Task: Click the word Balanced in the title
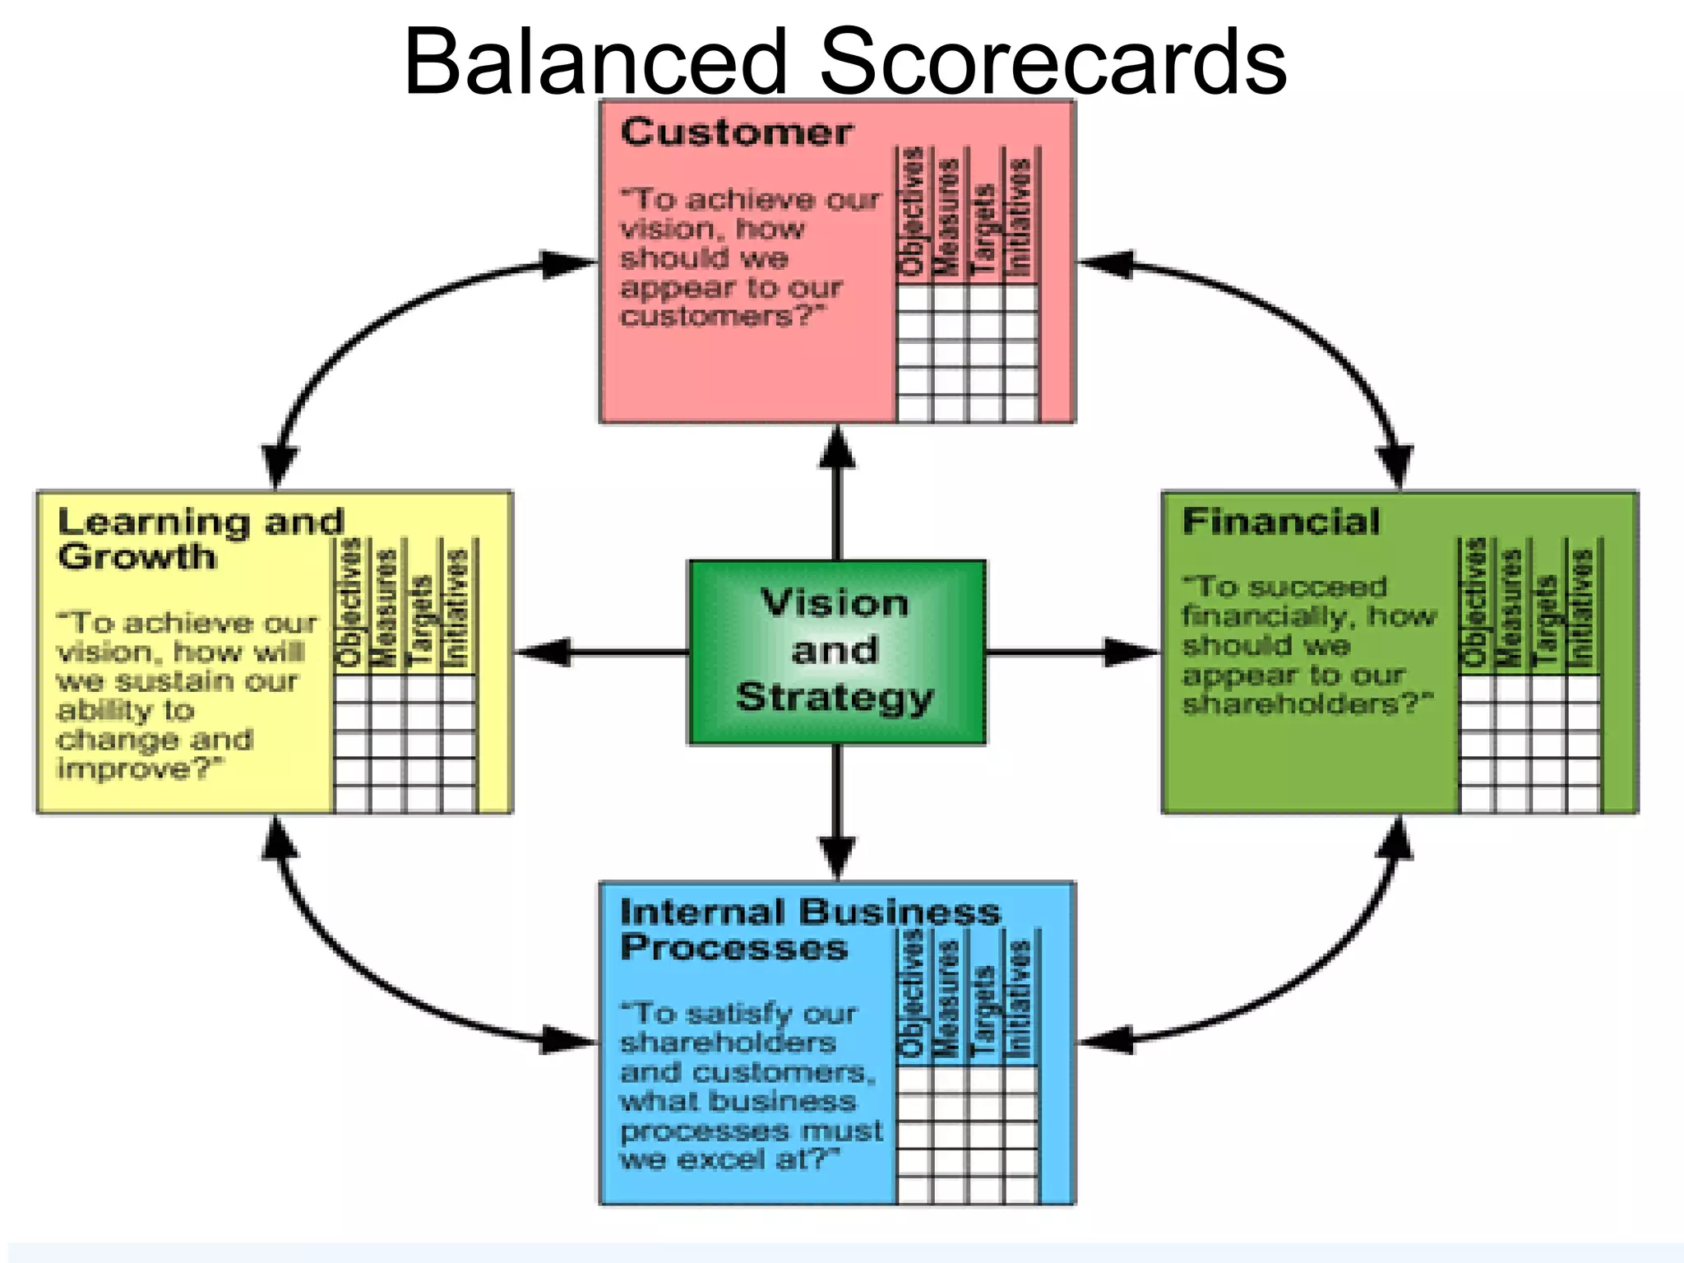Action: (x=595, y=62)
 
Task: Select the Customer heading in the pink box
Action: (x=737, y=132)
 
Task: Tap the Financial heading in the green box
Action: (x=1281, y=522)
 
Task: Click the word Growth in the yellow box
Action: (x=137, y=557)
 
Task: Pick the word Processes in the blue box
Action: (x=733, y=948)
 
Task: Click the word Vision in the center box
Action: (x=835, y=603)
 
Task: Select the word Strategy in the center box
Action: (x=835, y=697)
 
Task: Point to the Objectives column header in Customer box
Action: (x=913, y=211)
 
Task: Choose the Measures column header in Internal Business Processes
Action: (x=948, y=999)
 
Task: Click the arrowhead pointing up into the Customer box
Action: (x=837, y=448)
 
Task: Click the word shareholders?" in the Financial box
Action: (x=1307, y=704)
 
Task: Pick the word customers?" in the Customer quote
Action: (x=722, y=316)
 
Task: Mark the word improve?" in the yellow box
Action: (x=140, y=768)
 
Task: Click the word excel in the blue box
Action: (x=721, y=1159)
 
